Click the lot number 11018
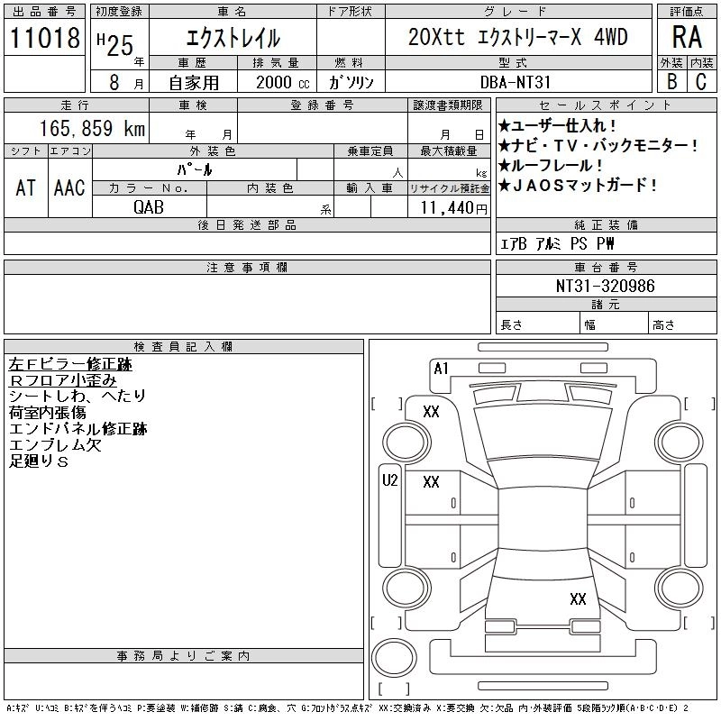44,39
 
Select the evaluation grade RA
687,38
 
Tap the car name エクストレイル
233,38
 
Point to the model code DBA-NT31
517,81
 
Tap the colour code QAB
149,207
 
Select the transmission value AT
26,187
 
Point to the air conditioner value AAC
69,187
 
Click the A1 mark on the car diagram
441,368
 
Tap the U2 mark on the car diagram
389,480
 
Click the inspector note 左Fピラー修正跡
70,364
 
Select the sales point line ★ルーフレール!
552,166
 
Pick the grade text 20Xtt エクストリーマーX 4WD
517,38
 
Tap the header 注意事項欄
247,268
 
